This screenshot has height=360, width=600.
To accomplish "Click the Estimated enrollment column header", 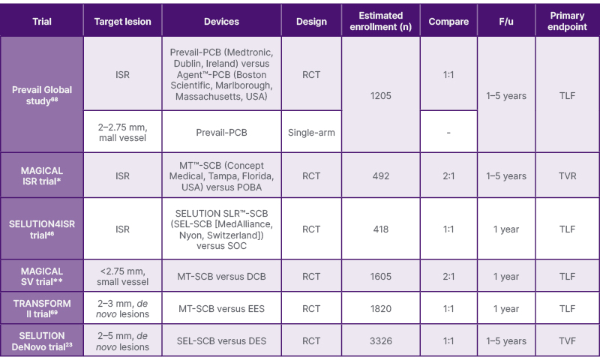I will (380, 21).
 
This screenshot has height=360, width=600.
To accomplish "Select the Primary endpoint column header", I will (567, 21).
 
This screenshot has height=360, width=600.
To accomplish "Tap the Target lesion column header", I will (123, 22).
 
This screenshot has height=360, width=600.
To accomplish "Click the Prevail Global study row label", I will (42, 95).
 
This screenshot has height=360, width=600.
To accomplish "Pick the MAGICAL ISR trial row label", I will (42, 176).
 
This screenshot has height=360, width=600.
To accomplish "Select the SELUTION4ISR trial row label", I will (42, 229).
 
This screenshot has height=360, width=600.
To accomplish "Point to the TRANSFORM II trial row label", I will (42, 308).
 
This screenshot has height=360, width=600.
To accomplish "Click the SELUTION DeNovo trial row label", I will (42, 340).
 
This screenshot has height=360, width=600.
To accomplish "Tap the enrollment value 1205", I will (380, 96).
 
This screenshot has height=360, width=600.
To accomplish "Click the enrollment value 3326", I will (380, 341).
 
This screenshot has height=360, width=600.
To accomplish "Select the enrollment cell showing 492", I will (380, 176).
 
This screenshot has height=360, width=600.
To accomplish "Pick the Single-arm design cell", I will (311, 132).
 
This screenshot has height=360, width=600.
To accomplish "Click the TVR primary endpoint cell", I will (567, 176).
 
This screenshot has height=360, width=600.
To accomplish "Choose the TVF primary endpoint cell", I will (567, 341).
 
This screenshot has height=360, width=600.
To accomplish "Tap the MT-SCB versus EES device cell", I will (221, 308).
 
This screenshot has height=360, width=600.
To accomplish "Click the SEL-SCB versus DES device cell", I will (221, 341).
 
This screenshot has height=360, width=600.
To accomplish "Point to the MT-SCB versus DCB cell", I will (221, 277).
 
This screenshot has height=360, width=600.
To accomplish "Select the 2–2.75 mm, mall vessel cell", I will (123, 132).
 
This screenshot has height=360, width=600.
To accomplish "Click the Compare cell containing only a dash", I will (448, 132).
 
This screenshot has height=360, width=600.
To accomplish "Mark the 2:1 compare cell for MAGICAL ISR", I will (448, 176).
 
